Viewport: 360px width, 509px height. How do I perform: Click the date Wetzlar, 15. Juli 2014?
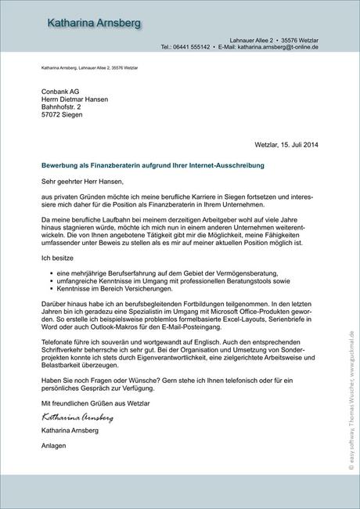tap(286, 144)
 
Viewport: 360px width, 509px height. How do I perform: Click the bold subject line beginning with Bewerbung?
tap(153, 166)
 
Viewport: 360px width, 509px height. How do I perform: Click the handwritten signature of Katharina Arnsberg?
tap(77, 395)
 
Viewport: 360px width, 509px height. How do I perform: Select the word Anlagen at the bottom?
tap(54, 424)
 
